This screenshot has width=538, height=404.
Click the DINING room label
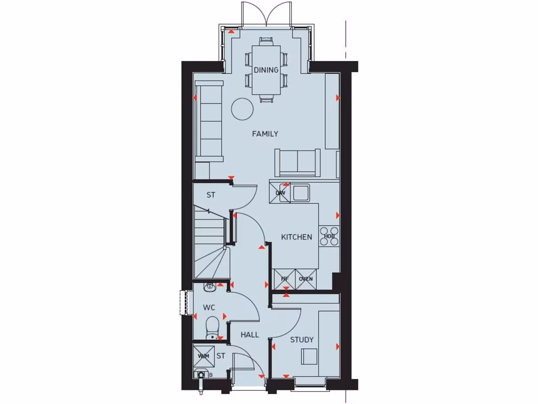tap(266, 70)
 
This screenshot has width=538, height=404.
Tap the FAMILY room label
tap(265, 134)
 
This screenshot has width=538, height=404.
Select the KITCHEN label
tap(296, 237)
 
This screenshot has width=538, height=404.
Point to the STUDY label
tap(302, 340)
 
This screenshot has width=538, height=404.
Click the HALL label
tap(250, 335)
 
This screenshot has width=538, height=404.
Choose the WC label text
tap(209, 307)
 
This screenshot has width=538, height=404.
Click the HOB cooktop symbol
tap(329, 236)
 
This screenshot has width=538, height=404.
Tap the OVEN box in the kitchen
tap(306, 279)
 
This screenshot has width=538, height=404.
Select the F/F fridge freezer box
tap(285, 279)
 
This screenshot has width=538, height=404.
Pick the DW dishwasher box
tap(281, 193)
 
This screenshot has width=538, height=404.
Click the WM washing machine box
tap(203, 356)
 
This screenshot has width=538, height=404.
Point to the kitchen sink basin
tap(302, 193)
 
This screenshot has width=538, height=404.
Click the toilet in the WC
tap(212, 326)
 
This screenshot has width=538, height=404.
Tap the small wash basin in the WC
tap(210, 287)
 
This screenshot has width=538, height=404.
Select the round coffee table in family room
tap(243, 109)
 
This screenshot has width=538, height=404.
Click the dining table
tap(266, 69)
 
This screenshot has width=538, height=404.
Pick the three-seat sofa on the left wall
tap(209, 122)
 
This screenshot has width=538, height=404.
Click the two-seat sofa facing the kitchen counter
tap(297, 162)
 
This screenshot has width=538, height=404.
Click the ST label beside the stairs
tap(211, 195)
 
